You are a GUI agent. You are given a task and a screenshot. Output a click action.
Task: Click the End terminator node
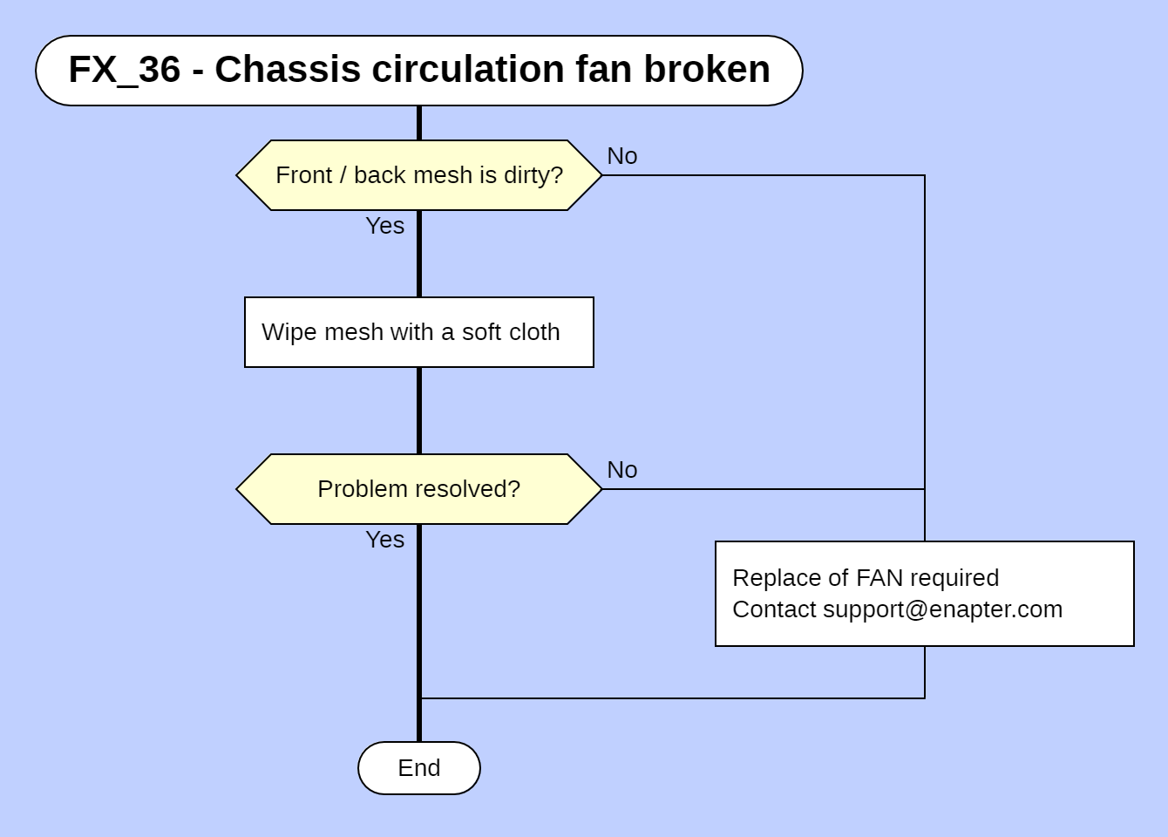click(x=418, y=768)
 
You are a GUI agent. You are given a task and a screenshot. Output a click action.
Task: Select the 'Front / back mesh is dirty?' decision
click(x=418, y=175)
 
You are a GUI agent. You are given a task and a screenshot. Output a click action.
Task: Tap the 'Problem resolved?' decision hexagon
click(x=418, y=489)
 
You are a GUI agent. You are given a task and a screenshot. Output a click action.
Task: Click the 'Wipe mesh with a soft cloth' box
click(x=418, y=332)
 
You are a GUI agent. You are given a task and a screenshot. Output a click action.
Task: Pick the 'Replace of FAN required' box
click(x=924, y=593)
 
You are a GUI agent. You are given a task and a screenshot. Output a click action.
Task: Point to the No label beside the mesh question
click(x=621, y=156)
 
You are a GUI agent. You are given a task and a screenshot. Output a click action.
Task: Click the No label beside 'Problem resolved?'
click(x=621, y=470)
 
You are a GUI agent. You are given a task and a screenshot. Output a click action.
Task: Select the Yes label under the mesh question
click(x=384, y=226)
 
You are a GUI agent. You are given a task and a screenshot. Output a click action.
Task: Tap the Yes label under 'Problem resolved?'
click(x=384, y=540)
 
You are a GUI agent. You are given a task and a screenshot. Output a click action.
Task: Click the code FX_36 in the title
click(x=124, y=70)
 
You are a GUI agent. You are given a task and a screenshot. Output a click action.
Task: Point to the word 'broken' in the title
click(x=707, y=70)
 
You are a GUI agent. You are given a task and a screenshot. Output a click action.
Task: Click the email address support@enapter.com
click(x=942, y=609)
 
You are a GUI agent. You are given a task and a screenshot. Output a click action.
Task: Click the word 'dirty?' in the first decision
click(x=533, y=175)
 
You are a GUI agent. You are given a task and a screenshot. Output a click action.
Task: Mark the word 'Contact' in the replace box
click(x=774, y=609)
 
